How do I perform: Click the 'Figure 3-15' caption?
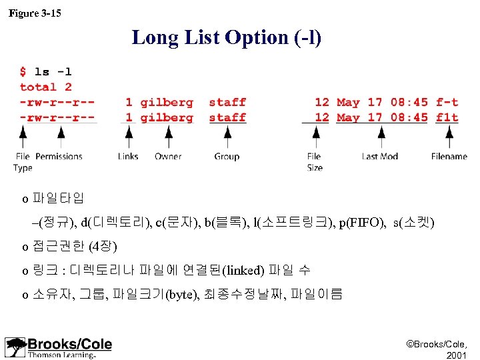(x=35, y=13)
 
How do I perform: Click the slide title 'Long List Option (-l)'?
(x=227, y=37)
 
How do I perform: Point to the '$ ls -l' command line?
(x=46, y=71)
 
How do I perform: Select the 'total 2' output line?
(x=46, y=87)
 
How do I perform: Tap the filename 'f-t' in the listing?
(x=447, y=102)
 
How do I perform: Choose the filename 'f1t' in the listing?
(x=447, y=117)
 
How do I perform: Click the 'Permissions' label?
(x=59, y=157)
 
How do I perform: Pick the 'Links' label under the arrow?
(x=127, y=157)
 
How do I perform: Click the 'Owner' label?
(x=168, y=157)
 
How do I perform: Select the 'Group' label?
(x=227, y=157)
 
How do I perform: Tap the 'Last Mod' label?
(x=379, y=157)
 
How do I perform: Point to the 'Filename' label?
(x=449, y=157)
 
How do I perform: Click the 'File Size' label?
(x=315, y=162)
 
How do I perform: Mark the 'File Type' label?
(x=23, y=162)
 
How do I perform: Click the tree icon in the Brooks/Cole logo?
(x=15, y=347)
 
